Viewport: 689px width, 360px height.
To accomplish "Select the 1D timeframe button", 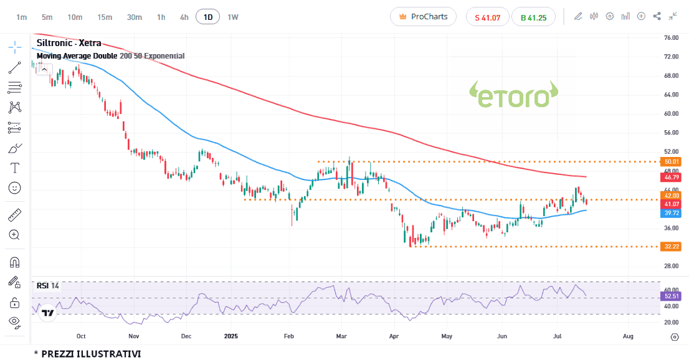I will coord(207,17).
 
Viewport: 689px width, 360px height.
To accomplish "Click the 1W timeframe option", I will coord(233,17).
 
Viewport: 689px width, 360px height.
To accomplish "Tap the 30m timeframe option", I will coord(135,17).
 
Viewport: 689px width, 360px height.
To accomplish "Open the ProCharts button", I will coord(423,17).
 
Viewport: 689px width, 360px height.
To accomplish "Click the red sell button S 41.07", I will coord(487,17).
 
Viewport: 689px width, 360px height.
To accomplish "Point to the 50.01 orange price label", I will coord(671,162).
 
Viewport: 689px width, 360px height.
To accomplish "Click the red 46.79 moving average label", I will coord(671,177).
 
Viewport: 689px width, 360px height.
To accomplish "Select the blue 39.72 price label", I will coord(671,213).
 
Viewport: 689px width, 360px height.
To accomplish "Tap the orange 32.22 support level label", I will coord(671,247).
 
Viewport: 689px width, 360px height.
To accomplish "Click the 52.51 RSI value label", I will coord(671,296).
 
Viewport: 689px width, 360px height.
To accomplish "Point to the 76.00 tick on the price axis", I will coord(671,38).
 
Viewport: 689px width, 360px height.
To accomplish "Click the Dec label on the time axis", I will coord(186,336).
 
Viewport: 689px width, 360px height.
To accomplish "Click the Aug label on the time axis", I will coord(628,336).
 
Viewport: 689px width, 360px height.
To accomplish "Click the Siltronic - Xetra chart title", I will coord(69,44).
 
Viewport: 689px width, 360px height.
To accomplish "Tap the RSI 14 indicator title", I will coord(47,286).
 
